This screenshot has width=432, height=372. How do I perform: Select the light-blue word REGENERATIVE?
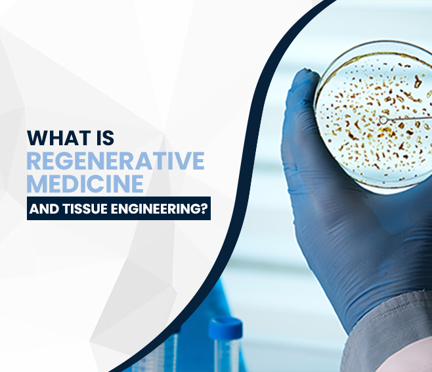click(x=116, y=160)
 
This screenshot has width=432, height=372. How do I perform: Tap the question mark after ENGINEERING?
click(x=204, y=211)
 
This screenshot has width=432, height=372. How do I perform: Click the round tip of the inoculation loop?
click(x=383, y=120)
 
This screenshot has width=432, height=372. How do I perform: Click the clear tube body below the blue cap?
click(x=227, y=355)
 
